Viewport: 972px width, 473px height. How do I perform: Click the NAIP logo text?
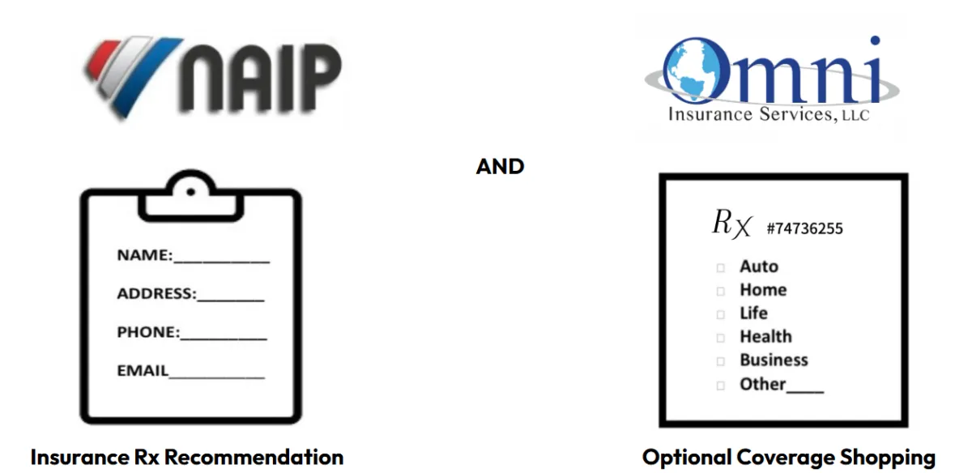pyautogui.click(x=260, y=78)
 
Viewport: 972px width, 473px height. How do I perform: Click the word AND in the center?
pyautogui.click(x=500, y=167)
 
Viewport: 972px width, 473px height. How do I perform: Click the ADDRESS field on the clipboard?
pyautogui.click(x=230, y=296)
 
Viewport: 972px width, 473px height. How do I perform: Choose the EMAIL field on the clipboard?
pyautogui.click(x=216, y=373)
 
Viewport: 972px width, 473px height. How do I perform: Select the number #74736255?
pyautogui.click(x=804, y=228)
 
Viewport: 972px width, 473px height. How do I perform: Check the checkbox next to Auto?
pyautogui.click(x=720, y=268)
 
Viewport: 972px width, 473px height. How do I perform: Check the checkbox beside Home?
pyautogui.click(x=720, y=292)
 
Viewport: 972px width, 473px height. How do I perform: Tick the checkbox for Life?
pyautogui.click(x=720, y=315)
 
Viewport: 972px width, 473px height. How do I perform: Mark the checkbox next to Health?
pyautogui.click(x=720, y=339)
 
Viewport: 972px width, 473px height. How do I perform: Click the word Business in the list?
pyautogui.click(x=774, y=360)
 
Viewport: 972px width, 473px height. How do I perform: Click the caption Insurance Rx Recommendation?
pyautogui.click(x=187, y=457)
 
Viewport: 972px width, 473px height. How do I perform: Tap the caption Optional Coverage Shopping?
pyautogui.click(x=789, y=457)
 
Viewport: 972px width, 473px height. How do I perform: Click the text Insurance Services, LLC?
pyautogui.click(x=768, y=115)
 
